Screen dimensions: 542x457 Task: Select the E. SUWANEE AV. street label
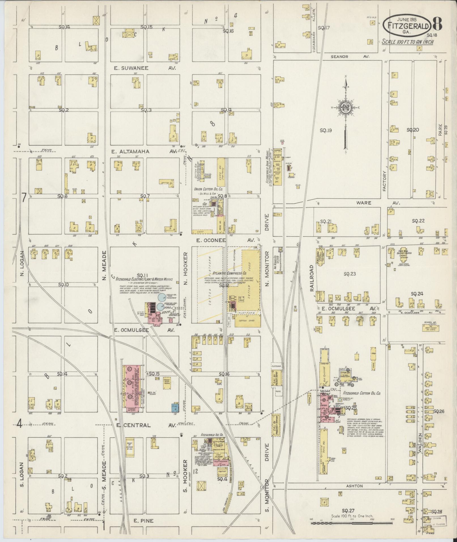145,68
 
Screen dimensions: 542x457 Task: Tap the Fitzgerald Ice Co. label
212,435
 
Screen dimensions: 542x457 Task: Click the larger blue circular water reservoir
162,297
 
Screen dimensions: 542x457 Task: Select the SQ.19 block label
326,131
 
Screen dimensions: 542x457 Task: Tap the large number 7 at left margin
24,198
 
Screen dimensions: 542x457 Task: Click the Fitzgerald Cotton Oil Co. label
362,394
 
